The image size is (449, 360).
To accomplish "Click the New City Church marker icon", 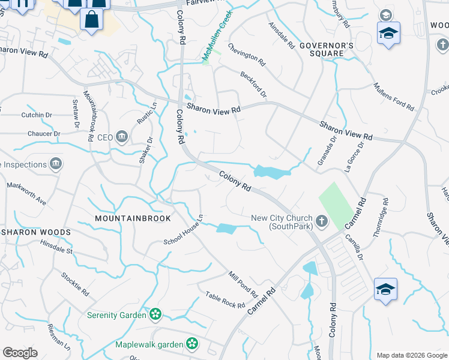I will point(321,222).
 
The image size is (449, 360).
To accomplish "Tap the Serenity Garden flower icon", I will point(155,314).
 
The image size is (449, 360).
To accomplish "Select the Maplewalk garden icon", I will point(191,344).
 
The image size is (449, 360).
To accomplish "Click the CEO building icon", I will point(122,137).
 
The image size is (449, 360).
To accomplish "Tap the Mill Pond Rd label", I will point(243,284).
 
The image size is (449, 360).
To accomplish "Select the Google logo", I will point(20,353).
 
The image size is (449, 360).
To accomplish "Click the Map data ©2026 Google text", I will point(411,355).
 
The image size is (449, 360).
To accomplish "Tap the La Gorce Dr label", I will point(355,158).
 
